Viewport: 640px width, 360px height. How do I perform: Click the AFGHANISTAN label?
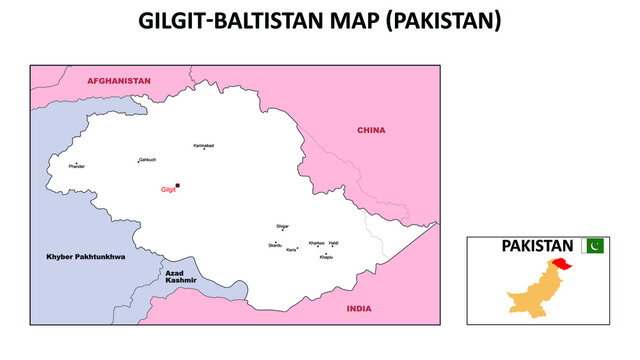click(118, 80)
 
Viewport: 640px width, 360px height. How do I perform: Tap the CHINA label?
click(371, 130)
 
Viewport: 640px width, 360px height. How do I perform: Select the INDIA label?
click(358, 309)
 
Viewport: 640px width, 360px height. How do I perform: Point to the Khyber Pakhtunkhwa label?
click(86, 257)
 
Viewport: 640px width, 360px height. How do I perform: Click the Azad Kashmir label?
click(181, 276)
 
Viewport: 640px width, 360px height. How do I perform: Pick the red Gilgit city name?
click(167, 189)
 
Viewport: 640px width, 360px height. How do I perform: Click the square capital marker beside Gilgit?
click(178, 185)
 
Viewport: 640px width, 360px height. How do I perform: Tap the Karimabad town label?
click(203, 145)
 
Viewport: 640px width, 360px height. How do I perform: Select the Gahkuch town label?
click(147, 159)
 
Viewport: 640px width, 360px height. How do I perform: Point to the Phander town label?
click(76, 166)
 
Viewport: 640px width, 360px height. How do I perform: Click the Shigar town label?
click(282, 226)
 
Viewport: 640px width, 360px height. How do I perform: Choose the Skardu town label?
click(274, 245)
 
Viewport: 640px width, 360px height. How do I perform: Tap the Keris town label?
click(291, 250)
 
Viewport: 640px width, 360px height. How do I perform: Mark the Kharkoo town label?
click(316, 243)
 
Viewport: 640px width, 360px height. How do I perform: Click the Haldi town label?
click(334, 243)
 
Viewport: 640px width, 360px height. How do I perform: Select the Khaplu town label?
click(326, 257)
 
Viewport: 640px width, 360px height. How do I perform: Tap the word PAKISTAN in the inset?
click(537, 245)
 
